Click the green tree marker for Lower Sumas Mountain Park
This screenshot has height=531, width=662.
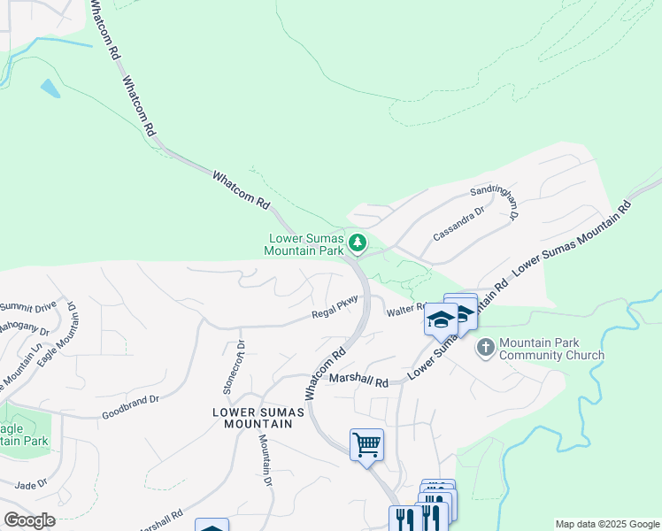click(x=358, y=242)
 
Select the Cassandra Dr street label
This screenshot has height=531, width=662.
click(x=459, y=224)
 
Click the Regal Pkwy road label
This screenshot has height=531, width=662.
click(x=334, y=308)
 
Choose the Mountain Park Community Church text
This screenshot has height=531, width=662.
click(x=551, y=349)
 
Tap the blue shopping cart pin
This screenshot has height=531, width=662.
click(x=366, y=443)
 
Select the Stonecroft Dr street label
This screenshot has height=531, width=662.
click(x=232, y=367)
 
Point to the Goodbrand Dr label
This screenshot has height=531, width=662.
click(x=130, y=406)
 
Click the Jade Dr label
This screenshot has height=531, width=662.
click(x=31, y=484)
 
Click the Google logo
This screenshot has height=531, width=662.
click(x=29, y=519)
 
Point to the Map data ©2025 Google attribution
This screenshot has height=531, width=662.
click(x=606, y=524)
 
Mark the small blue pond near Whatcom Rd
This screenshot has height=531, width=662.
click(x=50, y=88)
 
